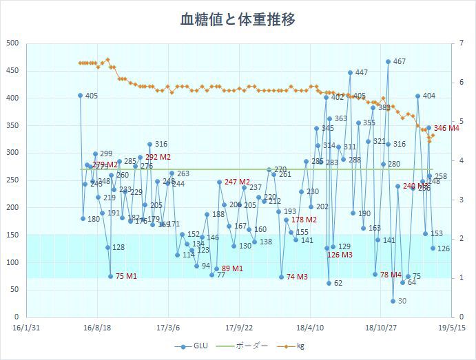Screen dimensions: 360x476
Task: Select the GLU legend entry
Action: point(196,346)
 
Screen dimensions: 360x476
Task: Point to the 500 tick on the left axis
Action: point(12,43)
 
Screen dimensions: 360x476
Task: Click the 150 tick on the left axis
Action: point(12,235)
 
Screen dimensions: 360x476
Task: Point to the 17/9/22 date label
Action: point(238,328)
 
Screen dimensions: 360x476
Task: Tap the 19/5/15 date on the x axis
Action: point(451,328)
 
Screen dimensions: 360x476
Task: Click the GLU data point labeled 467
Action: point(389,61)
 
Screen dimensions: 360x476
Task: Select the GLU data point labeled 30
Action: point(393,301)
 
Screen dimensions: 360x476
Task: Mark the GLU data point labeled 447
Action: point(350,72)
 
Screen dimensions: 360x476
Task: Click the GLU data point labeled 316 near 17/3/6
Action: point(149,144)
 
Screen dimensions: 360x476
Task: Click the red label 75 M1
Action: point(126,276)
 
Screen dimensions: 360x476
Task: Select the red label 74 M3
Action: point(297,277)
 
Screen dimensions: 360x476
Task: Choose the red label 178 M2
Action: point(304,220)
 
